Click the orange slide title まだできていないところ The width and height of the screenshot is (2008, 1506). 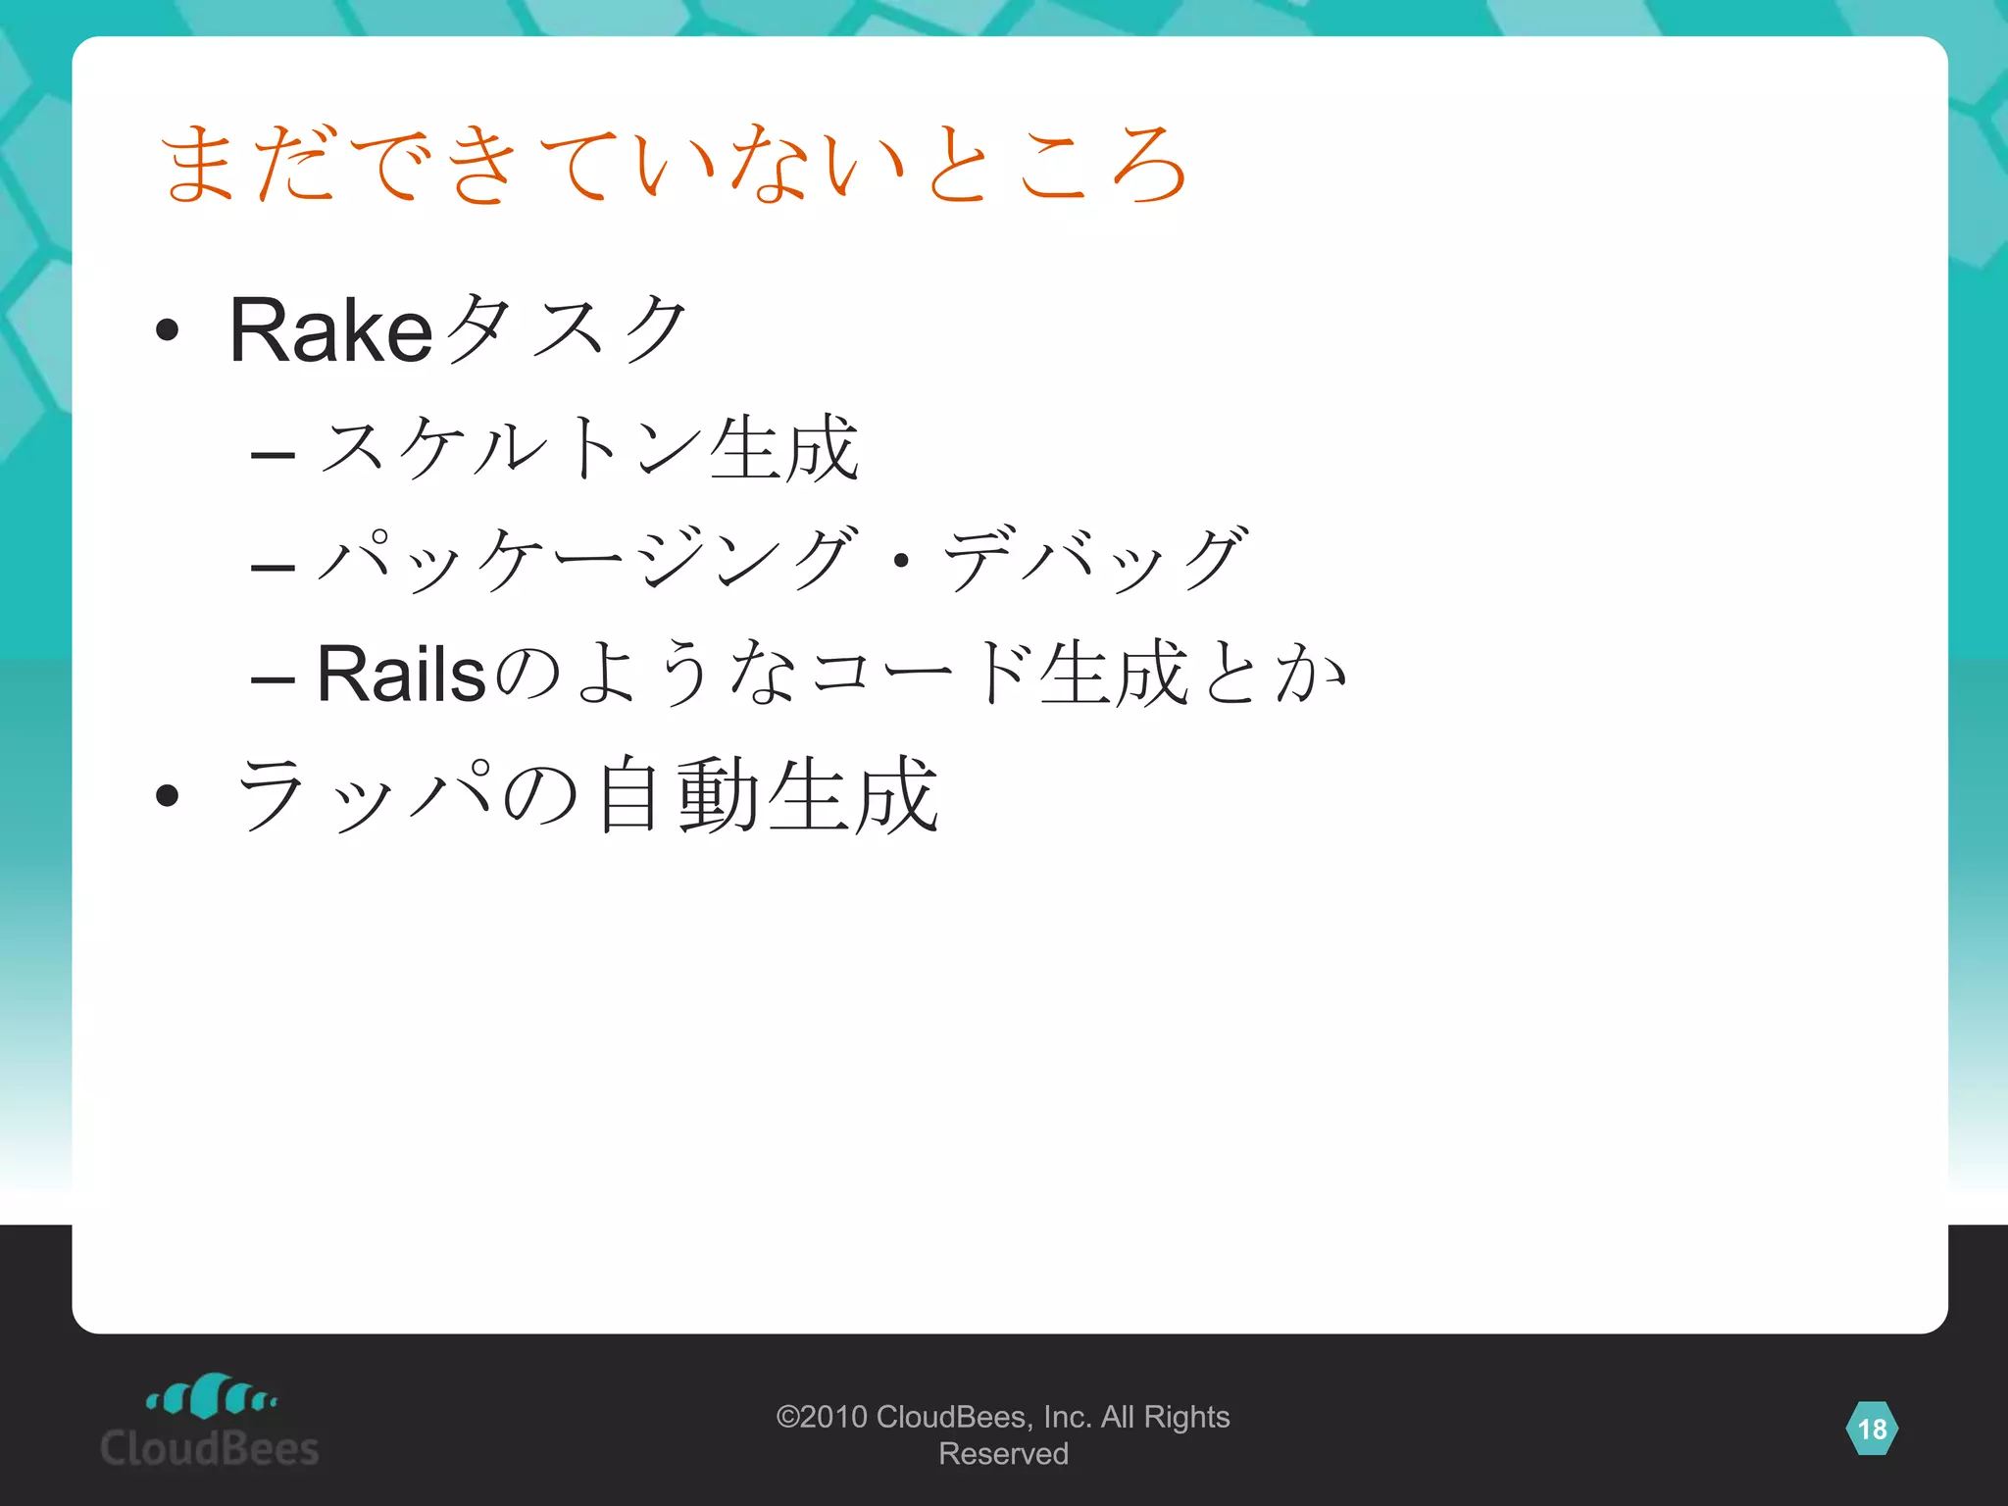pos(675,164)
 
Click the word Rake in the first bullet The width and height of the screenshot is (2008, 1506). pos(331,330)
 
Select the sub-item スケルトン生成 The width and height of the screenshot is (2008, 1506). pos(588,448)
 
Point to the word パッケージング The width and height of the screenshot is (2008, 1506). pos(588,560)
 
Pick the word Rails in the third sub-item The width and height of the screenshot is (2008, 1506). pos(401,675)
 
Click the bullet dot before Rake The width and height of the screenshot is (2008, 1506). pos(168,331)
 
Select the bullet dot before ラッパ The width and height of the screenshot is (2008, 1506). pos(168,795)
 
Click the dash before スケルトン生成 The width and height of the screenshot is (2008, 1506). pos(273,455)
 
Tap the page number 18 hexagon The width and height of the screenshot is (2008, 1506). pos(1872,1429)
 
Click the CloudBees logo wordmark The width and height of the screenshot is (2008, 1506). pos(210,1448)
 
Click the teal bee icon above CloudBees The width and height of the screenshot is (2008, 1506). pos(212,1395)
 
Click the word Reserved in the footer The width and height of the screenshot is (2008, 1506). pos(1003,1454)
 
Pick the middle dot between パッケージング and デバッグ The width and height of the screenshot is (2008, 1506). pos(901,562)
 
